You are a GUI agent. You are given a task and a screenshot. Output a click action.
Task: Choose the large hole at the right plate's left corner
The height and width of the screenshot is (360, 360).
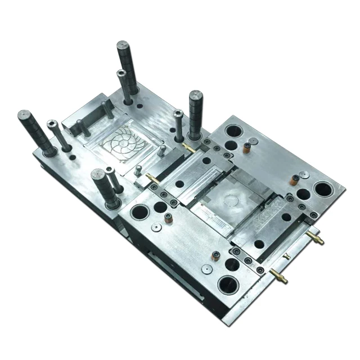138,213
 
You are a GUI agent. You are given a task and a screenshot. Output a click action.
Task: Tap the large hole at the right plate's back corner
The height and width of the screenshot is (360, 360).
232,131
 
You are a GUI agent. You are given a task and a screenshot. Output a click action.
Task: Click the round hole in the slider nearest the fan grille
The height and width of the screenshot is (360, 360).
179,184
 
